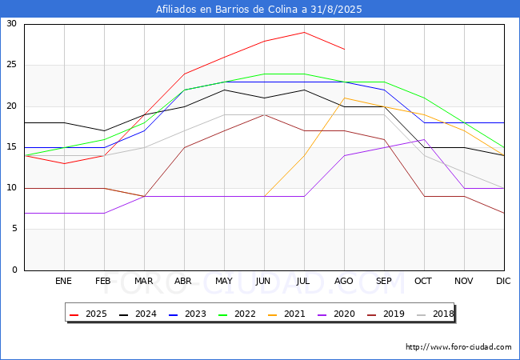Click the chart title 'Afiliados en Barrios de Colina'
click(x=226, y=9)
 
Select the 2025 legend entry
click(x=88, y=314)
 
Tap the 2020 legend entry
click(x=336, y=314)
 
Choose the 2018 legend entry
click(x=435, y=314)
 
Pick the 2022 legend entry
click(x=237, y=314)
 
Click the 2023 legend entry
click(x=187, y=314)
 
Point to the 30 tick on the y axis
click(x=12, y=23)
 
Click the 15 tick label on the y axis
click(x=12, y=147)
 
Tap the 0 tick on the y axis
click(x=14, y=270)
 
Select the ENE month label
click(x=63, y=281)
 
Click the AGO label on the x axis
click(x=343, y=281)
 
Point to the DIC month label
click(x=503, y=281)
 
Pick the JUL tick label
click(x=303, y=281)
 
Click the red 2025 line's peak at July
click(x=304, y=32)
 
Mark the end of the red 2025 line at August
click(x=345, y=49)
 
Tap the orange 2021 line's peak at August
click(x=345, y=98)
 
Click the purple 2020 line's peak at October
click(x=424, y=139)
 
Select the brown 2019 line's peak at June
click(x=264, y=114)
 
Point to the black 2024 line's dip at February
click(x=105, y=130)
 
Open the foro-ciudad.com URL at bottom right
click(x=458, y=347)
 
